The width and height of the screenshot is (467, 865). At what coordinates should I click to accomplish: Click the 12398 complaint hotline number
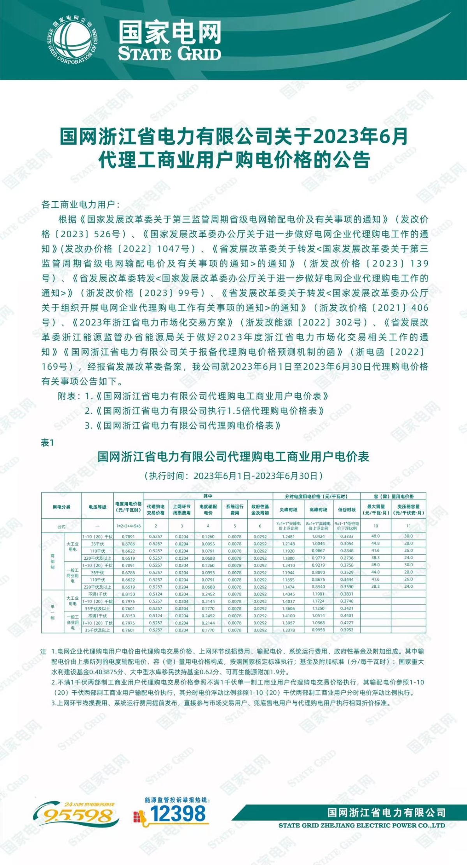178,814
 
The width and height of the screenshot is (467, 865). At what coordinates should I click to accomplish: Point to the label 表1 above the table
47,443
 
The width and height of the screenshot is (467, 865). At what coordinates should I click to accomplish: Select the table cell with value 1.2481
288,536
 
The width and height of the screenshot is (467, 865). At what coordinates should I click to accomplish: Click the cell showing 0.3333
347,536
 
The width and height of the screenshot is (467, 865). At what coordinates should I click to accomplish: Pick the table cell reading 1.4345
288,594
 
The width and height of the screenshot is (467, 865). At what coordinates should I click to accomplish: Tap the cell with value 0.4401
347,615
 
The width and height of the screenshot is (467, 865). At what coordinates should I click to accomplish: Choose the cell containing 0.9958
318,630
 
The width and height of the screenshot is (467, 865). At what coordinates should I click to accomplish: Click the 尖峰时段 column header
288,510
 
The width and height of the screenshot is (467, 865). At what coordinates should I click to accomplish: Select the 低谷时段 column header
347,510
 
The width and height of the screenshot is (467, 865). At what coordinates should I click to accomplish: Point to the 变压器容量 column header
408,510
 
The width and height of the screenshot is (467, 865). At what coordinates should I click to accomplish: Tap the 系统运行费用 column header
234,510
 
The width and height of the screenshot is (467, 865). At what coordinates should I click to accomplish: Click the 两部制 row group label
53,561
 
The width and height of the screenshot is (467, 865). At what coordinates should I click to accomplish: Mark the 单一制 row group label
53,612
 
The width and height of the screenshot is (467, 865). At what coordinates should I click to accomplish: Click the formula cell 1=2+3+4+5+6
128,526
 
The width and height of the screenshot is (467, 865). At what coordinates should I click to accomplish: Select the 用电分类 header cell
61,507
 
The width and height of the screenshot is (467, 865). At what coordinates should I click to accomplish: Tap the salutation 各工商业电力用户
81,204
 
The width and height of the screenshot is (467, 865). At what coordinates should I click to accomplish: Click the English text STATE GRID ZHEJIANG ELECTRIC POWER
361,826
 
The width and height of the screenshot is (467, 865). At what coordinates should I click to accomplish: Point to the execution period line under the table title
233,476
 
